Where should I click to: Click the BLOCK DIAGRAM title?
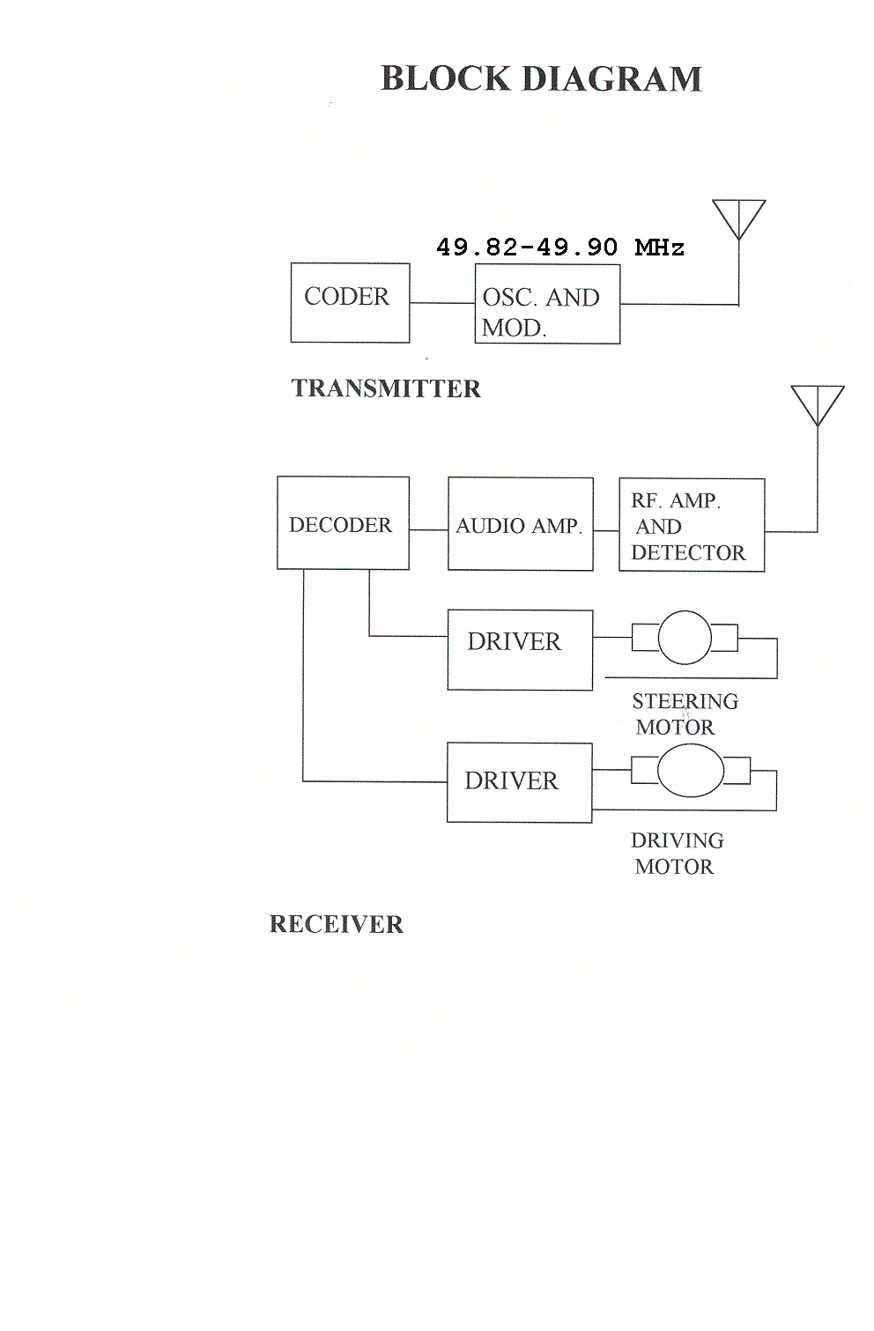tap(541, 79)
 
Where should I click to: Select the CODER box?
tap(350, 302)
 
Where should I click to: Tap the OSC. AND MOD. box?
tap(547, 304)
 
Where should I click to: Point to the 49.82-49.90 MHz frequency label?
tap(559, 248)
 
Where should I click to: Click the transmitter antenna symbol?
tap(738, 220)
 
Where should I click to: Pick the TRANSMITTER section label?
tap(386, 388)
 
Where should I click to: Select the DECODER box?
tap(343, 523)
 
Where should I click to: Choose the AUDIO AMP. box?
tap(520, 524)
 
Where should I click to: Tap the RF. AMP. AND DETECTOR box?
tap(692, 526)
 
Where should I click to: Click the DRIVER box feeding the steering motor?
tap(520, 649)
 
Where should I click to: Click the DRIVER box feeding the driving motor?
tap(519, 782)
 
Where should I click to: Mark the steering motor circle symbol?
tap(685, 637)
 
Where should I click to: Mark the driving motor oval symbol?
tap(691, 771)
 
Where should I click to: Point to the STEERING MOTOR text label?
tap(684, 714)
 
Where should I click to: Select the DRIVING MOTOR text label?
tap(677, 854)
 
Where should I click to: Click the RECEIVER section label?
tap(336, 924)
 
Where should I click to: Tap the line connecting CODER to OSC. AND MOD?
tap(442, 303)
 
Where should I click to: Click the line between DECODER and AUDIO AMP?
tap(428, 529)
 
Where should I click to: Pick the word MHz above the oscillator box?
tap(659, 248)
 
